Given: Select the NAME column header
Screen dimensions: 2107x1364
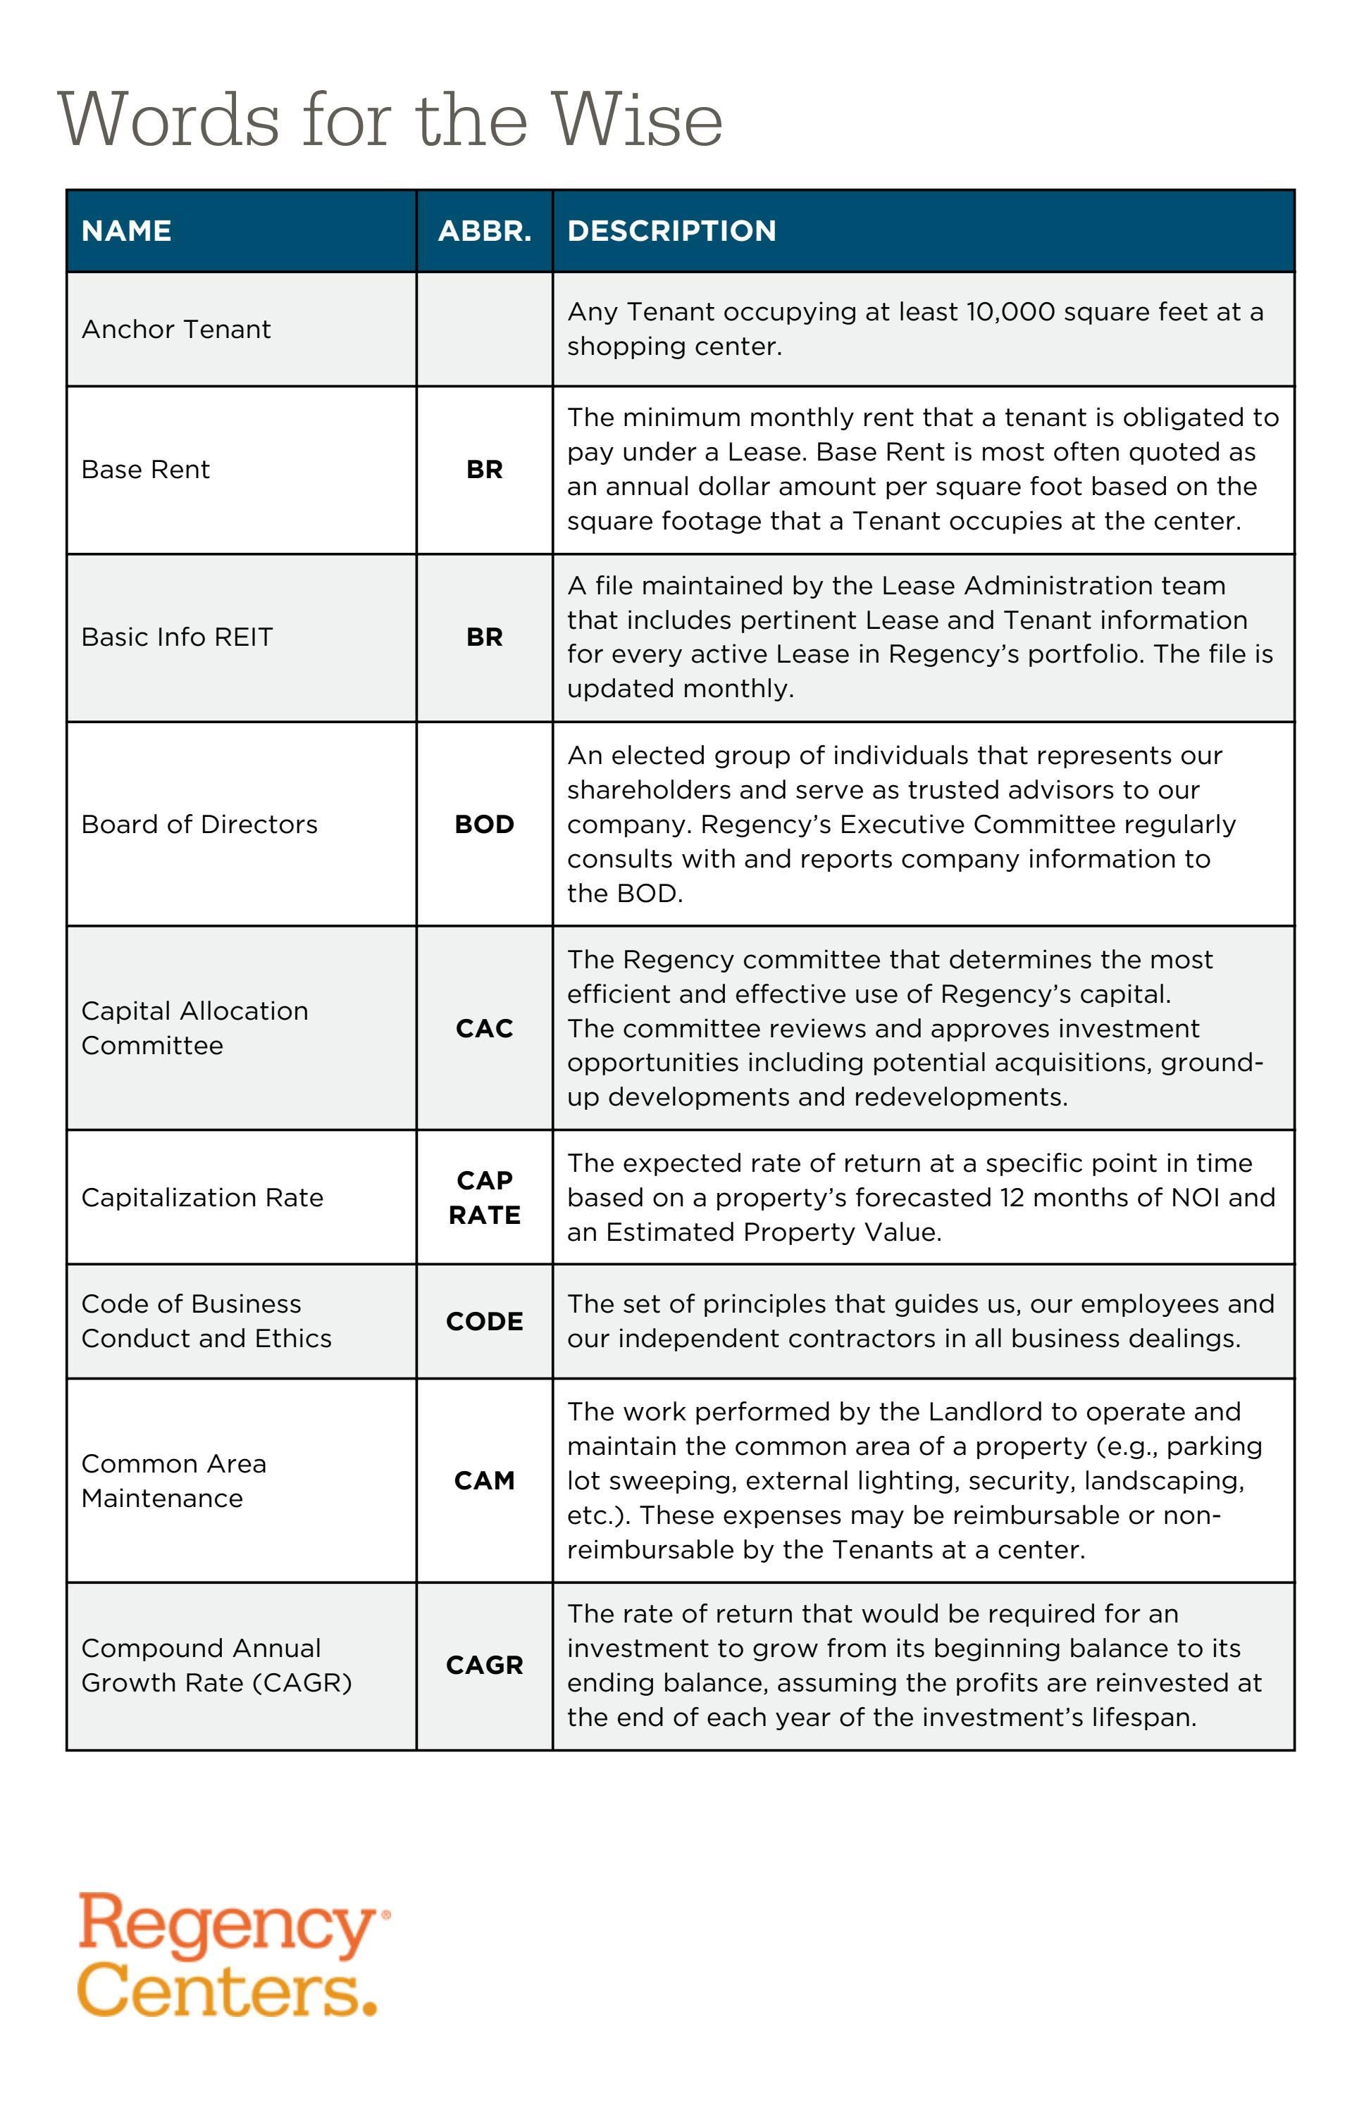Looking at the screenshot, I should click(127, 231).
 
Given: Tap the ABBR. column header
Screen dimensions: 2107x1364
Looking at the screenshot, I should click(485, 231).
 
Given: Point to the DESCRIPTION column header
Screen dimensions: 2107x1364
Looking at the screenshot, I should click(671, 231).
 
